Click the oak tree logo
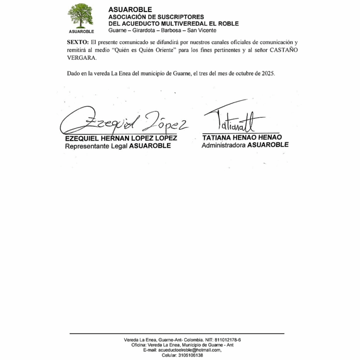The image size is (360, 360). (x=81, y=16)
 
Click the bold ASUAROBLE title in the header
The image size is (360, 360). (x=130, y=10)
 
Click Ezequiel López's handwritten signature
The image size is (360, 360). (x=123, y=121)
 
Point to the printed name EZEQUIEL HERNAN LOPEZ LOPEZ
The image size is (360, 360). (x=121, y=139)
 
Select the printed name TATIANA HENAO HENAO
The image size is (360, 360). (x=242, y=137)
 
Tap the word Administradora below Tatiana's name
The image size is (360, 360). (x=224, y=144)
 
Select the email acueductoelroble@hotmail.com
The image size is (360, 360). (x=189, y=350)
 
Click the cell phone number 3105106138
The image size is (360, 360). (x=191, y=355)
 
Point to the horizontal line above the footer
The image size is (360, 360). (x=177, y=333)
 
